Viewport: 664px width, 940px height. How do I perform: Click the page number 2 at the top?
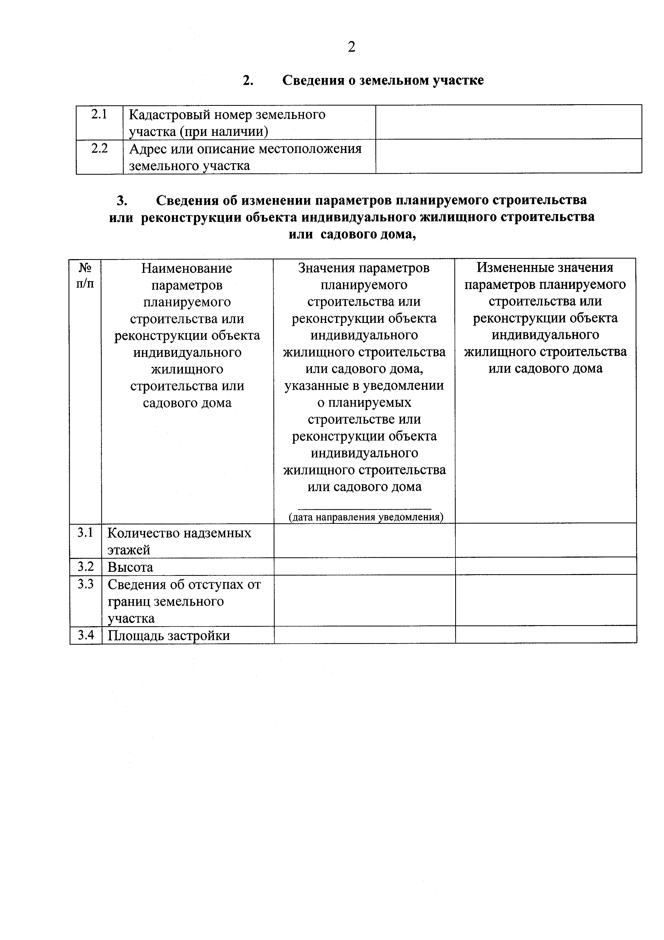point(352,47)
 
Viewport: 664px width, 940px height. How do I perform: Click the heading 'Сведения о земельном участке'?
point(383,80)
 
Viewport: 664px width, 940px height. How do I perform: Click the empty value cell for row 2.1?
point(508,122)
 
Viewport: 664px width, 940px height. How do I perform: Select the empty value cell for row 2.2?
point(508,156)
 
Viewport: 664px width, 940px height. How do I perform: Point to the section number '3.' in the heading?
point(122,200)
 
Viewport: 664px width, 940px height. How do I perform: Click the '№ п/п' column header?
point(85,276)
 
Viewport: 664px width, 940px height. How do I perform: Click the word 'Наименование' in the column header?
point(187,268)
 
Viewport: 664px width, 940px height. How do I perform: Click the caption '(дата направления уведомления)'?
point(366,517)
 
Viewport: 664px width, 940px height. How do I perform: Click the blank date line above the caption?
point(364,508)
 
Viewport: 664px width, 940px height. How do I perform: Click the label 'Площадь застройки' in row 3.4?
point(169,635)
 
